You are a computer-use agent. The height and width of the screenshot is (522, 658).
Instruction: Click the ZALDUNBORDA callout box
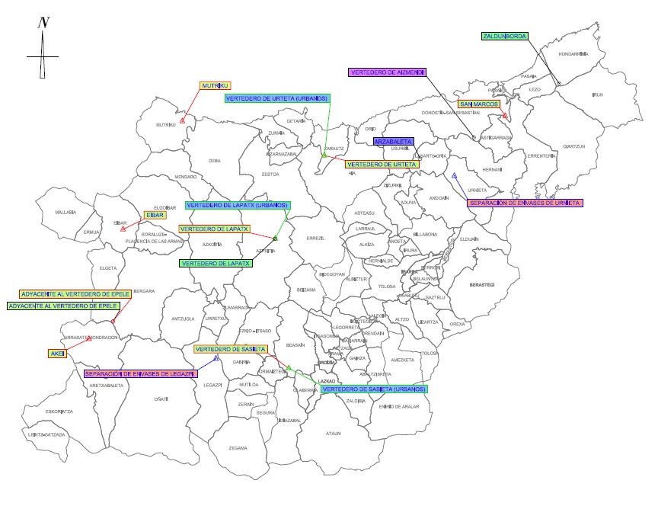click(505, 36)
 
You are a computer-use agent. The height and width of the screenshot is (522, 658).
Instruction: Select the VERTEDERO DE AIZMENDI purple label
click(387, 72)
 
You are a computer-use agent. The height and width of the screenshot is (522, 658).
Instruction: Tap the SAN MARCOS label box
click(479, 104)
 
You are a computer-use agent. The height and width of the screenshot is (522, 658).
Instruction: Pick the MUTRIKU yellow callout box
click(216, 86)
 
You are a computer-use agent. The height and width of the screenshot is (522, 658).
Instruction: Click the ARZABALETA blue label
click(393, 142)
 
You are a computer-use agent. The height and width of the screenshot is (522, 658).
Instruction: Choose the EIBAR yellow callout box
click(155, 215)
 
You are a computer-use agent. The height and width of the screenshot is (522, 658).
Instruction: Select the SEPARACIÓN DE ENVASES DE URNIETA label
click(525, 203)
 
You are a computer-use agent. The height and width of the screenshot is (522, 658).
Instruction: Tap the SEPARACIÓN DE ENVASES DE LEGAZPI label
click(140, 373)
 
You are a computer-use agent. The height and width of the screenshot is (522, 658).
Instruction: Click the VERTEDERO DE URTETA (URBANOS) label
click(277, 98)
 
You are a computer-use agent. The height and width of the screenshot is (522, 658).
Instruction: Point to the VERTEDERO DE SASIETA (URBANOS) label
click(374, 389)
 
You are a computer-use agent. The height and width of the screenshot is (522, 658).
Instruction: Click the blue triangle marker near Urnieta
click(454, 176)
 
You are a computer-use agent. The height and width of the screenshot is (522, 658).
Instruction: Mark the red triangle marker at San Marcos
click(505, 116)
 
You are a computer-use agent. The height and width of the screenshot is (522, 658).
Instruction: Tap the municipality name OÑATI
click(161, 399)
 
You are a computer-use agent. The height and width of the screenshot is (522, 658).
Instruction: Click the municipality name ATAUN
click(333, 434)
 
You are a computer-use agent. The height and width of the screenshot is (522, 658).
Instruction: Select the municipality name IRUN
click(597, 94)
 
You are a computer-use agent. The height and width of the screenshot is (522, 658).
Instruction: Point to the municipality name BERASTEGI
click(483, 284)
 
